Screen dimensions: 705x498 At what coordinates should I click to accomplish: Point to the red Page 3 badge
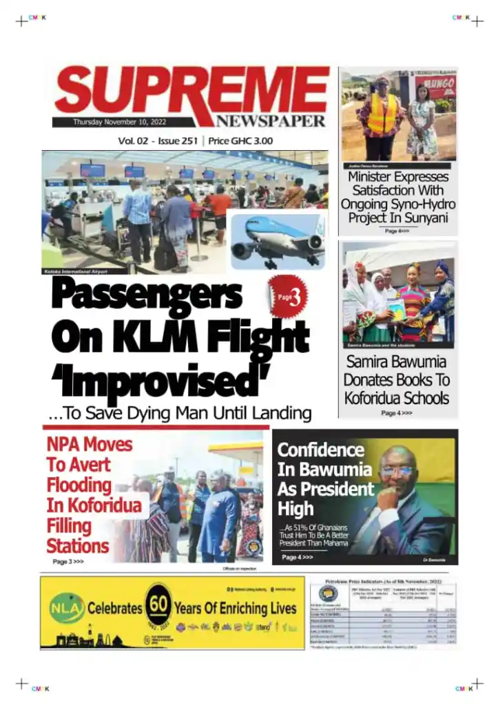[288, 297]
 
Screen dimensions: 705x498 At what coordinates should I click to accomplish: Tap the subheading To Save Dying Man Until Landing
[180, 414]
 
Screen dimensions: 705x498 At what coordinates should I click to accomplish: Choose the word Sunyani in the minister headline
[422, 218]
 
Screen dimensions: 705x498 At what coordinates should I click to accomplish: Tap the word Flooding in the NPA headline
[79, 485]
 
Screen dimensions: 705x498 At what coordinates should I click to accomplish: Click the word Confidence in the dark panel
[320, 450]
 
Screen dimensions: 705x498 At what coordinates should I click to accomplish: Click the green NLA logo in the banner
[66, 608]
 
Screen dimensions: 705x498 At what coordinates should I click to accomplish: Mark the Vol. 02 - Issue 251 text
[158, 141]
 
